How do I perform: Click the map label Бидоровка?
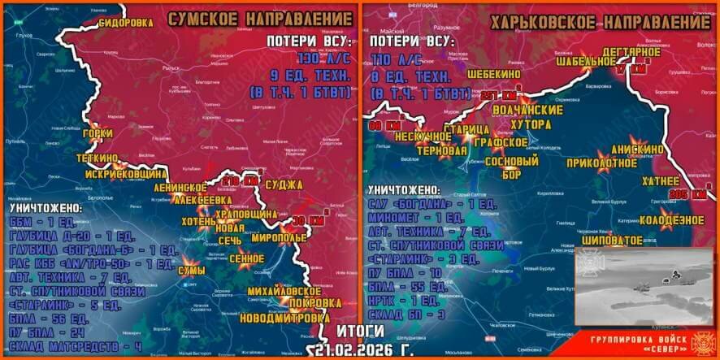[x=125, y=23]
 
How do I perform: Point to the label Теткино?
[x=97, y=158]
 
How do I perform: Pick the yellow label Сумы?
[x=192, y=270]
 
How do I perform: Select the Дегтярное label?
[x=632, y=53]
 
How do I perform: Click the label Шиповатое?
[x=614, y=240]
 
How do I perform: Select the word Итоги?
[x=359, y=332]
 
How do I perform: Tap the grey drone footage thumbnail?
[x=644, y=287]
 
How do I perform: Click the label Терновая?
[x=442, y=151]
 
